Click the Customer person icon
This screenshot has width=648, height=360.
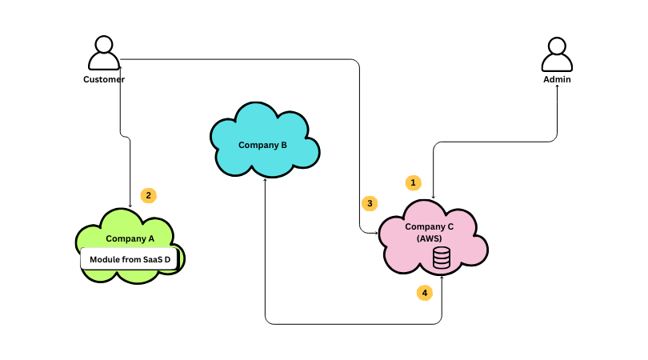pos(104,54)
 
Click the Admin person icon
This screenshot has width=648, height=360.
pos(557,54)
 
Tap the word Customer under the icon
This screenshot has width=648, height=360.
pos(104,79)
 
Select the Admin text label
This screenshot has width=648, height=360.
pos(557,79)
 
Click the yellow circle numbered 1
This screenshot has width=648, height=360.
pos(413,182)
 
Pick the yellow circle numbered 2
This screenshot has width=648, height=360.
pos(148,195)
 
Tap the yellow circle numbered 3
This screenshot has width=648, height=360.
pos(369,203)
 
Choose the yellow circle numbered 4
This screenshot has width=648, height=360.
pos(425,293)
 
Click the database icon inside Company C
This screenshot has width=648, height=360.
pos(441,258)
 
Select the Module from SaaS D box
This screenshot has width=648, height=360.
pos(129,259)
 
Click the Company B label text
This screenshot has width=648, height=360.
pos(262,145)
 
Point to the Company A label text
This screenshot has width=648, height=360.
pos(130,238)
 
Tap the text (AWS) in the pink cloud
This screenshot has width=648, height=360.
pos(429,238)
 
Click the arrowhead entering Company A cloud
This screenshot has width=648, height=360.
pos(130,206)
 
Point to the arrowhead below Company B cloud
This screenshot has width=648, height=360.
pos(265,181)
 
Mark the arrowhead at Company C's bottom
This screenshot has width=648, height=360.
pos(441,278)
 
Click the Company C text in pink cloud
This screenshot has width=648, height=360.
pos(429,226)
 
